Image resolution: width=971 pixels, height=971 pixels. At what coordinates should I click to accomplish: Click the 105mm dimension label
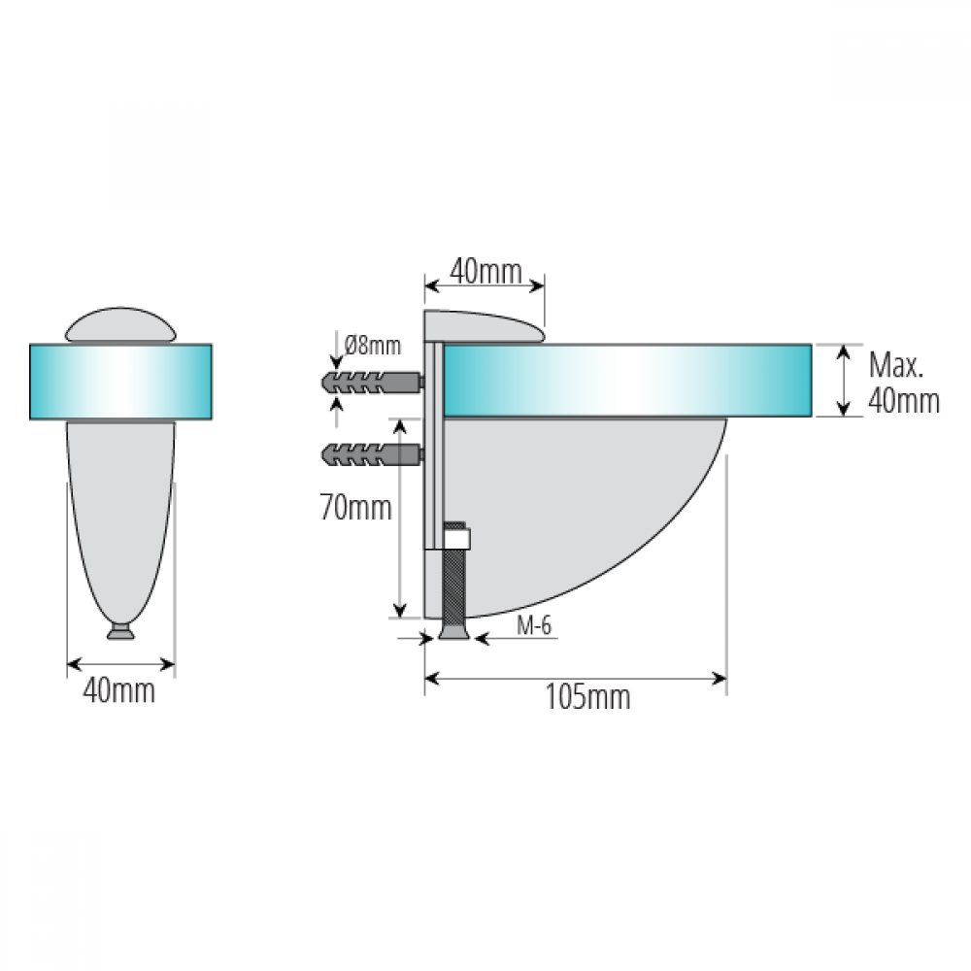pyautogui.click(x=587, y=698)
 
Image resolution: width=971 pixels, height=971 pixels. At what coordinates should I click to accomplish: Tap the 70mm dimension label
pyautogui.click(x=356, y=509)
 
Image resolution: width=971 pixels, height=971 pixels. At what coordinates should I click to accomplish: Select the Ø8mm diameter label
pyautogui.click(x=373, y=345)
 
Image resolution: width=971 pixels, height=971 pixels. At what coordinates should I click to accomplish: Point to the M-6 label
pyautogui.click(x=534, y=626)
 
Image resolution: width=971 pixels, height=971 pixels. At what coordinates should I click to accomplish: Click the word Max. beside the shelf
pyautogui.click(x=895, y=365)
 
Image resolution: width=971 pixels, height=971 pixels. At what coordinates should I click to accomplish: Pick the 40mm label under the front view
pyautogui.click(x=118, y=690)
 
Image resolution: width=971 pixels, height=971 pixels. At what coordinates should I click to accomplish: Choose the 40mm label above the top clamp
pyautogui.click(x=486, y=272)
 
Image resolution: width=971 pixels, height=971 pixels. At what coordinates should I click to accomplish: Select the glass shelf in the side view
pyautogui.click(x=626, y=381)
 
